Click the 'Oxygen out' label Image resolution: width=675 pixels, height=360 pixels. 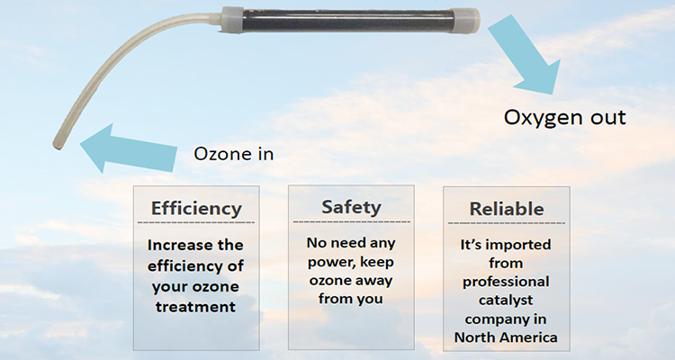[x=563, y=118]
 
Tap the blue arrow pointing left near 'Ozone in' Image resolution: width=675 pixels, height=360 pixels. [x=126, y=148]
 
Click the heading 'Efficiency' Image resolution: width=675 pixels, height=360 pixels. [x=196, y=208]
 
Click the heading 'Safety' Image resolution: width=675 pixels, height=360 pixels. [x=351, y=208]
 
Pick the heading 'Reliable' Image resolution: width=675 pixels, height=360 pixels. [x=506, y=209]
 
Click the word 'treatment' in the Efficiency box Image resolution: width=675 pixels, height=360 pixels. [x=195, y=306]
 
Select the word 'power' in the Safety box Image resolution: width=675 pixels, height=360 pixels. [x=328, y=261]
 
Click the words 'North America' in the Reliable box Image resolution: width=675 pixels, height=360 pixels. [x=506, y=337]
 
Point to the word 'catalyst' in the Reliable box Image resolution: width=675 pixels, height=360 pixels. [x=506, y=301]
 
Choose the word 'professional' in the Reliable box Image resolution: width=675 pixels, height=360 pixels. [x=506, y=282]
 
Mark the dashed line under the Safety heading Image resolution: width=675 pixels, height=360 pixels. [x=351, y=221]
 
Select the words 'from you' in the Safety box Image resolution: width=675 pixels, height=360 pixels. [x=351, y=298]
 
